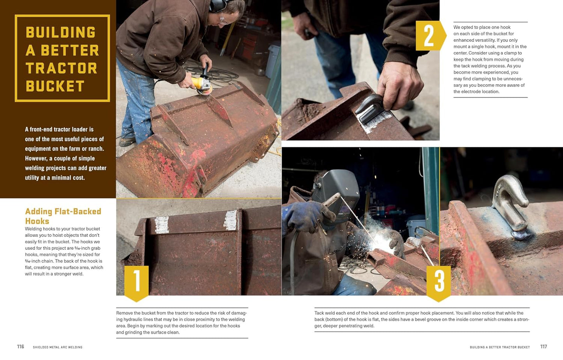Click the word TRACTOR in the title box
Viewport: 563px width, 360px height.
(x=61, y=68)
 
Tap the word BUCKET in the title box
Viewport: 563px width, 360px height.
(x=55, y=86)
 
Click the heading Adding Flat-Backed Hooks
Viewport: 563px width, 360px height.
(x=63, y=216)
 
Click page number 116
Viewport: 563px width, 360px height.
(x=21, y=346)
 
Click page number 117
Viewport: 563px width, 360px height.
(x=544, y=346)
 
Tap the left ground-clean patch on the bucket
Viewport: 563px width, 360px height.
(x=162, y=225)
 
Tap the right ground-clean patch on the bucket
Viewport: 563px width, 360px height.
(x=231, y=220)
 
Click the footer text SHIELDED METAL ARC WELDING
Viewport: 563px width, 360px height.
(x=58, y=347)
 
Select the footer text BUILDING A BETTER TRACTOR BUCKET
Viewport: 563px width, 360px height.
(x=499, y=347)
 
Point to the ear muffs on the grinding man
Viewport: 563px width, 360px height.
(x=216, y=6)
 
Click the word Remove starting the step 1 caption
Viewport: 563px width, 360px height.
(x=124, y=313)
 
